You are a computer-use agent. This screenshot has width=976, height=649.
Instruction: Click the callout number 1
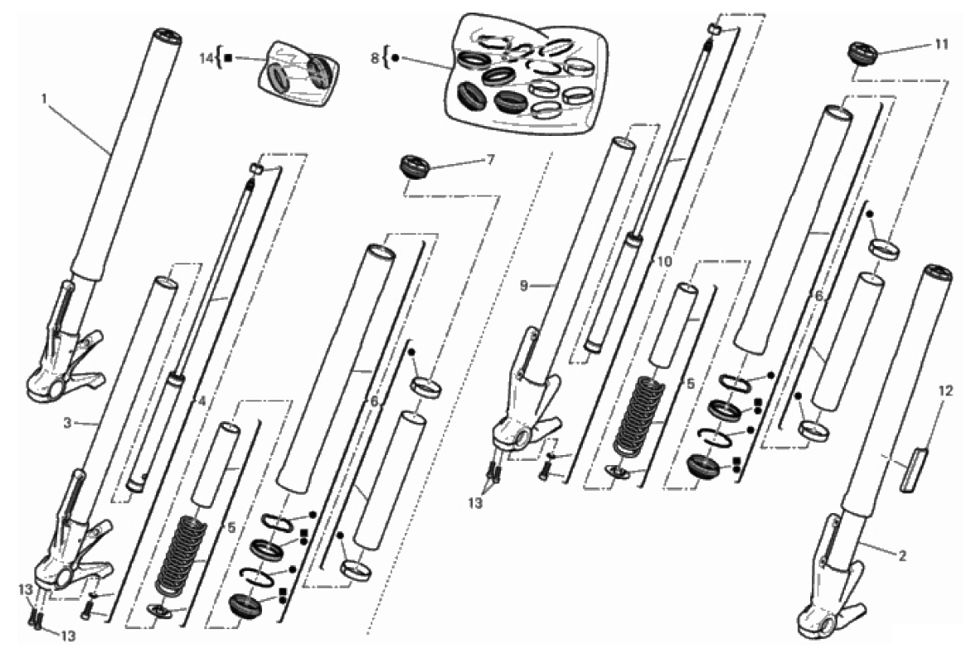[44, 99]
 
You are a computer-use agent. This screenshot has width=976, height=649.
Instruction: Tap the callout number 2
[902, 555]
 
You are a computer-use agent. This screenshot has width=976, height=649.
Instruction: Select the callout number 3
[68, 423]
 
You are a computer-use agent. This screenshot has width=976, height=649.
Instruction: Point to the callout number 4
[201, 401]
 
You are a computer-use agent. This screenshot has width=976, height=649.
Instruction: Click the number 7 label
[491, 160]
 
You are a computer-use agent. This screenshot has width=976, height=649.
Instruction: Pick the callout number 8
[375, 59]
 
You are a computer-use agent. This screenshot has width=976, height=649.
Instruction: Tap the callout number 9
[524, 286]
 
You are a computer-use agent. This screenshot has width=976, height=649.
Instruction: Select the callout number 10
[664, 261]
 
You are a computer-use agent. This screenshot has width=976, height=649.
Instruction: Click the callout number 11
[941, 44]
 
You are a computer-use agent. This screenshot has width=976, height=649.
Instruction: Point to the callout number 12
[945, 390]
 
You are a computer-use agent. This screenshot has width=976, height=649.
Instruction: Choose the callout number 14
[206, 59]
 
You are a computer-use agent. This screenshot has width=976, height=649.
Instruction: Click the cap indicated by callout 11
[863, 53]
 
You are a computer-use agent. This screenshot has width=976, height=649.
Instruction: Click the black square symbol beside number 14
[228, 58]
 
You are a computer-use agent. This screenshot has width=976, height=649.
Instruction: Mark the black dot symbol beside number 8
[395, 58]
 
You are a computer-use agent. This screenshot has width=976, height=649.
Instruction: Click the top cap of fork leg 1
[167, 36]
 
